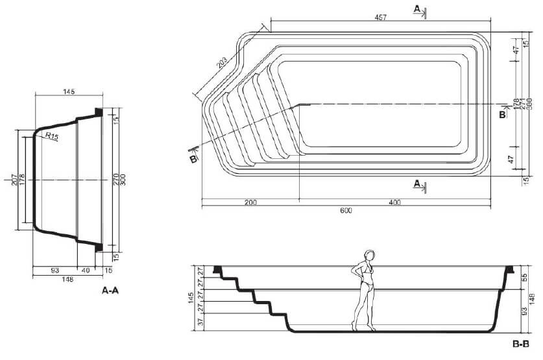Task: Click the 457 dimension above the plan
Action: (380, 18)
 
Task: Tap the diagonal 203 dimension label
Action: (222, 62)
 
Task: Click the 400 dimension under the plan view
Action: (394, 202)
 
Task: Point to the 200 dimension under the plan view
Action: (250, 202)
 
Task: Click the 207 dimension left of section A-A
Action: (14, 179)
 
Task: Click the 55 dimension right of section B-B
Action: (524, 276)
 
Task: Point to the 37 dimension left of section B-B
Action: (200, 321)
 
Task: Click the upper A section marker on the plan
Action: (419, 9)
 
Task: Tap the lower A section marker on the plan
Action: (419, 185)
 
